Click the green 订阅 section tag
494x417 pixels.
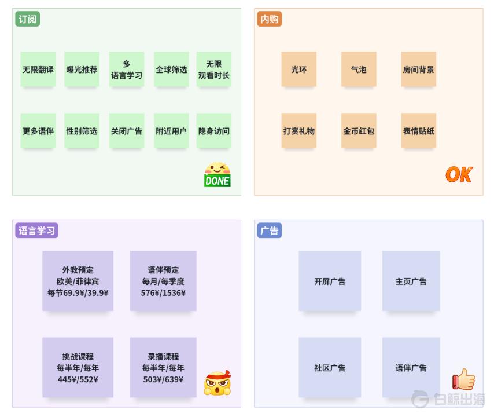27,19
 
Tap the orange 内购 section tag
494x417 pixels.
269,19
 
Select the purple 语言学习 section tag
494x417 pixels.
36,231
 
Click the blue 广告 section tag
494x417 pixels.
269,231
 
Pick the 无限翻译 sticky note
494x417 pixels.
38,69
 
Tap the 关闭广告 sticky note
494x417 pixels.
127,131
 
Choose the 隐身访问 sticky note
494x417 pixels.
214,131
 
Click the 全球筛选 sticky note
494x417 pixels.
171,69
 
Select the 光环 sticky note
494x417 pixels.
299,69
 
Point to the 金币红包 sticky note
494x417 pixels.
359,131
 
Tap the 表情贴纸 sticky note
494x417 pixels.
419,131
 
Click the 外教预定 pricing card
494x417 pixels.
78,281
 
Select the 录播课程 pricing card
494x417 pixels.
163,368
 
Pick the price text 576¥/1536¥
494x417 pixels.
163,293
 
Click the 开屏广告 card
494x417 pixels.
330,281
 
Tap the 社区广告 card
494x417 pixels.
330,368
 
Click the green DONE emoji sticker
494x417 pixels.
217,175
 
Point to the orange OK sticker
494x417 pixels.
459,174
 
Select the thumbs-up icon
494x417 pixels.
463,380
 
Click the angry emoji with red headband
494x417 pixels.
217,383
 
